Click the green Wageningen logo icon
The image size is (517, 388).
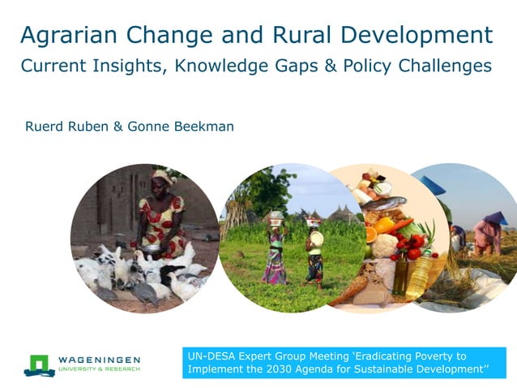(38, 364)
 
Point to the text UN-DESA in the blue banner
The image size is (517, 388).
(213, 356)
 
